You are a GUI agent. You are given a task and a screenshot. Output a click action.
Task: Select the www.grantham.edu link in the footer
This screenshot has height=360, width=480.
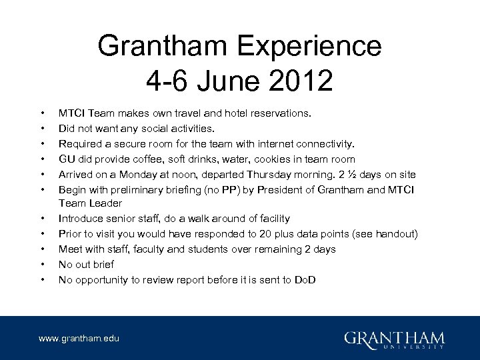[x=79, y=339]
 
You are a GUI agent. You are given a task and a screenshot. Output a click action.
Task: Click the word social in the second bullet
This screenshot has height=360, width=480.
[x=153, y=128]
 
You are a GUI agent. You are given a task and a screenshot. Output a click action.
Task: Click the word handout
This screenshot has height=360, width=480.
[x=397, y=233]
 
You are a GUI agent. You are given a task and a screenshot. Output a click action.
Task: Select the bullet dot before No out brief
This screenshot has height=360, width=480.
[x=42, y=264]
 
